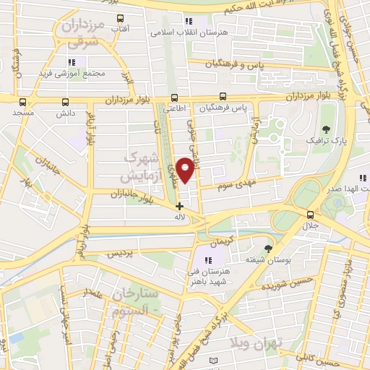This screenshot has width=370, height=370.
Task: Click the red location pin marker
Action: click(x=186, y=169)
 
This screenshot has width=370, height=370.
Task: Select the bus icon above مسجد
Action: click(x=22, y=103)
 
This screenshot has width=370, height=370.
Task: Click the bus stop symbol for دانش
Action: click(x=66, y=103)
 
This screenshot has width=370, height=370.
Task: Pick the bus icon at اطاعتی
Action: click(x=174, y=98)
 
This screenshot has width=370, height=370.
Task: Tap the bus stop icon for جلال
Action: click(x=310, y=214)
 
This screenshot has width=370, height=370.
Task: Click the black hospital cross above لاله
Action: click(x=179, y=206)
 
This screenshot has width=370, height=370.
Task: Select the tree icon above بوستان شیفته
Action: click(x=269, y=248)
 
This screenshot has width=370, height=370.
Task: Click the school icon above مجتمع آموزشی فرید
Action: click(x=71, y=62)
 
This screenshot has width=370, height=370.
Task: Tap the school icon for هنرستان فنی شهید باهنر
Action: click(x=208, y=260)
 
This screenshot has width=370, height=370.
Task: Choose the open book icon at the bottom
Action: click(x=212, y=361)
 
